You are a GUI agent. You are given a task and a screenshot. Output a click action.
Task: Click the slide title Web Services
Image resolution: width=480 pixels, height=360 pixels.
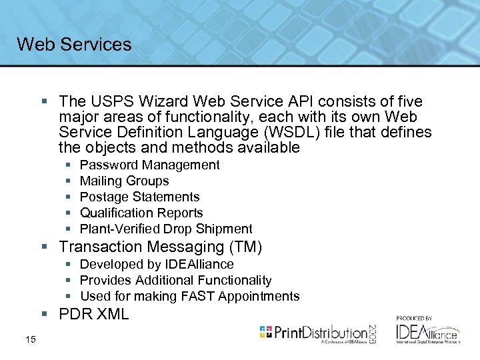[74, 45]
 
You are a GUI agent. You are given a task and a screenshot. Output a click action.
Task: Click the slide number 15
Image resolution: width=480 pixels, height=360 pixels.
[30, 341]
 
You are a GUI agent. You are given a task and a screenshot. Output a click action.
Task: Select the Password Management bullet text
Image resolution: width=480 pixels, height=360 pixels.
[149, 165]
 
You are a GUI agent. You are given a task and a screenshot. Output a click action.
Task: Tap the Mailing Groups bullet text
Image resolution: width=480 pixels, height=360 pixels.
[124, 181]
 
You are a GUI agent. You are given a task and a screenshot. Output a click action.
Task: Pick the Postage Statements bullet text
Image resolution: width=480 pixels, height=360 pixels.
[139, 197]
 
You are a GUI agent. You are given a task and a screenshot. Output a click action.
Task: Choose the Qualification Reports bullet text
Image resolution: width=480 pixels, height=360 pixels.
[141, 213]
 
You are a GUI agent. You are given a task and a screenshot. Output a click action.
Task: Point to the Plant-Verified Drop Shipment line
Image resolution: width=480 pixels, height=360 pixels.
[166, 229]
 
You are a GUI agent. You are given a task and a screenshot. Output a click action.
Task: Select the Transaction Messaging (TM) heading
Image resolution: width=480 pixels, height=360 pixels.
[160, 247]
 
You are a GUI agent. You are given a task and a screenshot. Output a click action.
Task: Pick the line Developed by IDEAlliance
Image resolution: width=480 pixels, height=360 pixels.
[157, 264]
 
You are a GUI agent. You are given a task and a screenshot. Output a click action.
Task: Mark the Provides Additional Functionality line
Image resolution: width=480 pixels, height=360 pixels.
[175, 280]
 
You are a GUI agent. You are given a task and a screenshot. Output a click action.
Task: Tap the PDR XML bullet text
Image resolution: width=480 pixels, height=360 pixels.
[93, 314]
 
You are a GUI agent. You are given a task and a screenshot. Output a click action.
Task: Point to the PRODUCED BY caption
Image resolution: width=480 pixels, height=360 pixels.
[414, 318]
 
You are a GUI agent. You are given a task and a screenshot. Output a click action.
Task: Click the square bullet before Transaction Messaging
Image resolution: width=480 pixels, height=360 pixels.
[44, 247]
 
